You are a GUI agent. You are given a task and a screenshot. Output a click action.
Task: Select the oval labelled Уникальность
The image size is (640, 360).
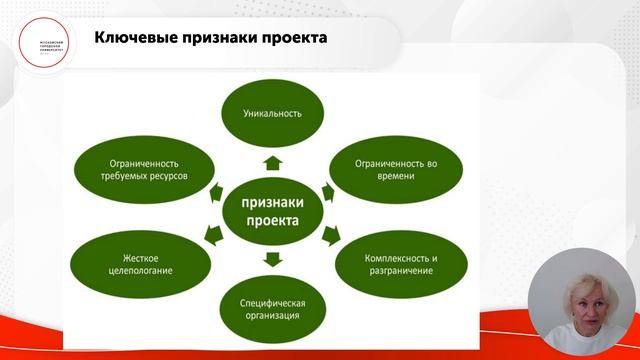tap(272, 112)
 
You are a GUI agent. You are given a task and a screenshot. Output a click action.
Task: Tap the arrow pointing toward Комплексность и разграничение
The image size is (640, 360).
tap(329, 236)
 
